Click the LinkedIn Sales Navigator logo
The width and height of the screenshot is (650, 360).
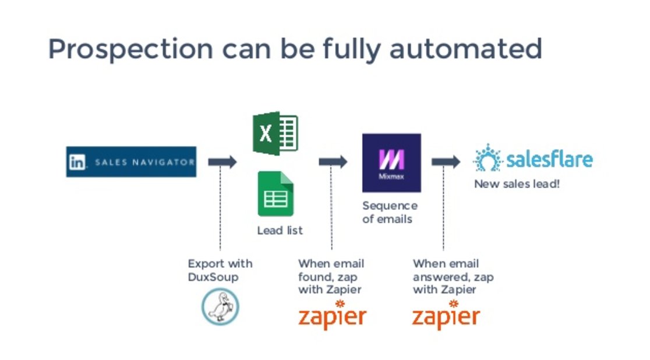click(x=131, y=162)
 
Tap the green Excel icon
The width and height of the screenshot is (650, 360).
click(x=275, y=133)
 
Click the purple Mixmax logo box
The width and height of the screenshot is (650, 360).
click(x=391, y=163)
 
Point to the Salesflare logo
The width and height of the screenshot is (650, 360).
click(x=533, y=159)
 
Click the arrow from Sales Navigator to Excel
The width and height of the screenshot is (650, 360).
click(x=222, y=162)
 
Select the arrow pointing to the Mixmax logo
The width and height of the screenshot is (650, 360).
click(x=333, y=162)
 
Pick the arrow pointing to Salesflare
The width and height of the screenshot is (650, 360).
click(x=446, y=162)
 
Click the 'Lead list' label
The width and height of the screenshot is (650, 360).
click(x=280, y=231)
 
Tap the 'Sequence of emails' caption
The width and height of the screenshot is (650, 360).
click(x=390, y=213)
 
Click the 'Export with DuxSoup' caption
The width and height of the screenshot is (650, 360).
click(x=220, y=270)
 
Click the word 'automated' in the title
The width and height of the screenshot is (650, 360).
click(x=465, y=50)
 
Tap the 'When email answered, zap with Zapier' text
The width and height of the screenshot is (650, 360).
click(x=453, y=276)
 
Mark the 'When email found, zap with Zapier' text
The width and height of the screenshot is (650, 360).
click(x=331, y=276)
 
